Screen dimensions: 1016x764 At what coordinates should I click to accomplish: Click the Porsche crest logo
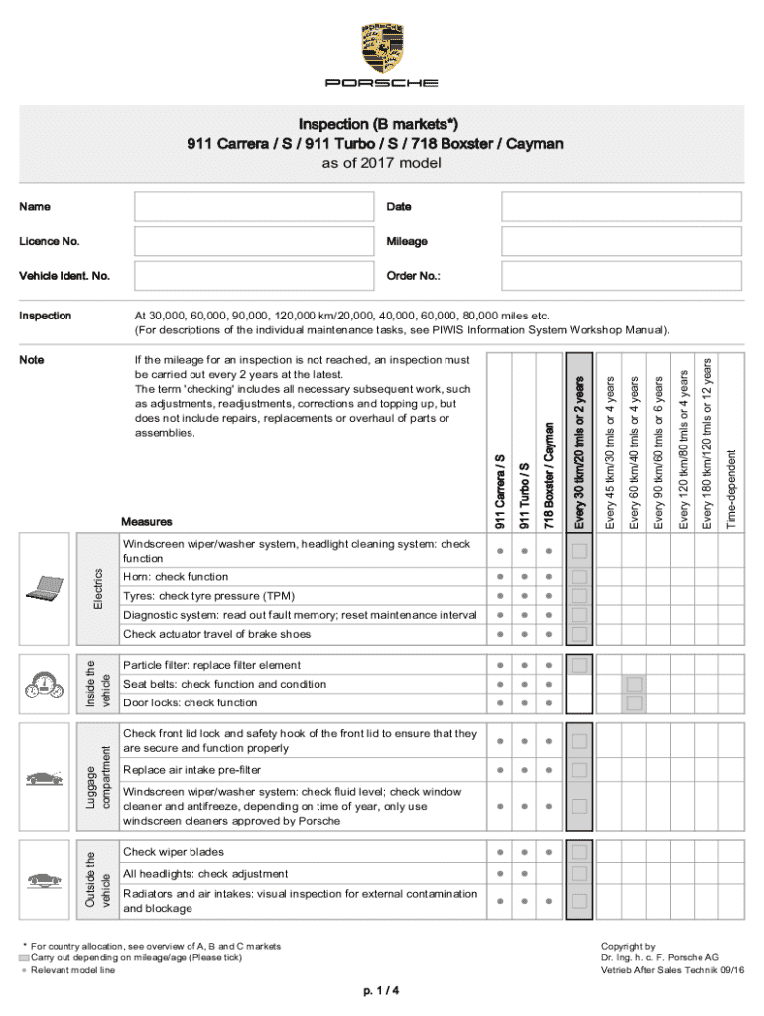[382, 49]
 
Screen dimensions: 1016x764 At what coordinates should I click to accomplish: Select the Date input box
[621, 207]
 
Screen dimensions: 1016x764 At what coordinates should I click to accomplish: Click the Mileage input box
[621, 241]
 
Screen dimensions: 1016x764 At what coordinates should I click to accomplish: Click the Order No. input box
[621, 275]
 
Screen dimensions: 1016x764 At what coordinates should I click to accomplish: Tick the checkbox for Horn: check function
[579, 577]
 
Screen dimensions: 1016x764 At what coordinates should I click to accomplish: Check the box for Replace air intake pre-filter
[579, 770]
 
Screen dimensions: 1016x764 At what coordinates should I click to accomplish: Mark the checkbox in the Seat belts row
[634, 685]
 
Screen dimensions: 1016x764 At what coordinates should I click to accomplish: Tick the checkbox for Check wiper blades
[579, 852]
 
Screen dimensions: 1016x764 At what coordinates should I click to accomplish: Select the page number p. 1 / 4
[382, 990]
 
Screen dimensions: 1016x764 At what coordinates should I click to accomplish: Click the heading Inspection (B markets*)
[375, 125]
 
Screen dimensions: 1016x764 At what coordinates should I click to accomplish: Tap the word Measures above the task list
[146, 522]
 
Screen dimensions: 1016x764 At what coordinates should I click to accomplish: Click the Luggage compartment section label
[91, 779]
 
